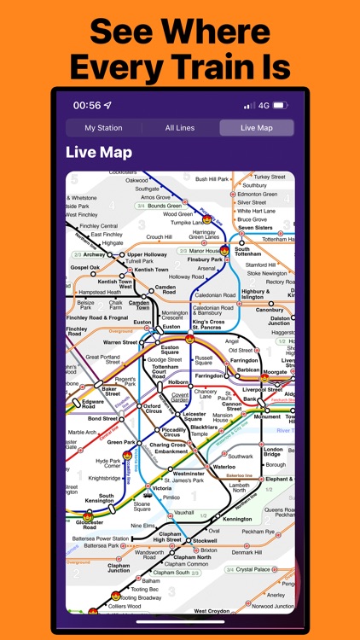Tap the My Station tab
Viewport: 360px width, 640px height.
tap(102, 128)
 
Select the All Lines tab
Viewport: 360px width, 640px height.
tap(180, 128)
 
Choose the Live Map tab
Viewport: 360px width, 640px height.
tap(256, 128)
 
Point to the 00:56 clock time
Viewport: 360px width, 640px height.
tap(87, 106)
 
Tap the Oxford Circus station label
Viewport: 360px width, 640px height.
tap(151, 410)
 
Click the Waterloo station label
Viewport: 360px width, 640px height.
tap(224, 467)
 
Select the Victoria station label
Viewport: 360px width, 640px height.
tap(162, 489)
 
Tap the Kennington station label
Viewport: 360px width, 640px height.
tap(237, 519)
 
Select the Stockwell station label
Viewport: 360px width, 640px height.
tap(205, 540)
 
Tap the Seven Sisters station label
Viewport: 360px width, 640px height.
tap(255, 228)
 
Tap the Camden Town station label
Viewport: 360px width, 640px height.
tap(138, 304)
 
